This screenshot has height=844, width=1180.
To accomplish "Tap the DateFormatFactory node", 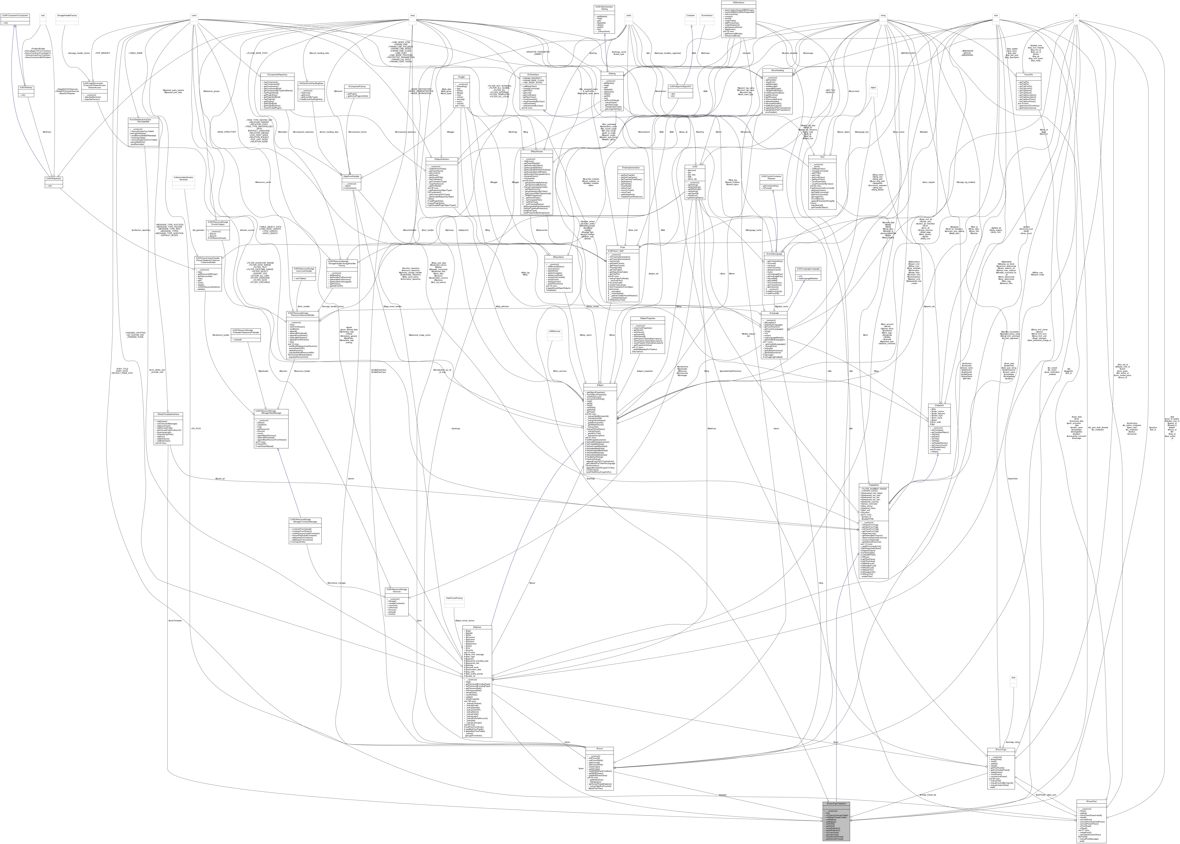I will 454,598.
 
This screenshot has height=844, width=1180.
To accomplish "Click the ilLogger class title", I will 461,77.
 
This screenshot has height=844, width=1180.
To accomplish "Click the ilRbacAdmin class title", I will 558,257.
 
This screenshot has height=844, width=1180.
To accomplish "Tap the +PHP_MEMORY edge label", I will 102,53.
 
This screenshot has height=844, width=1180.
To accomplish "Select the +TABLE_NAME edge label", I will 135,53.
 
